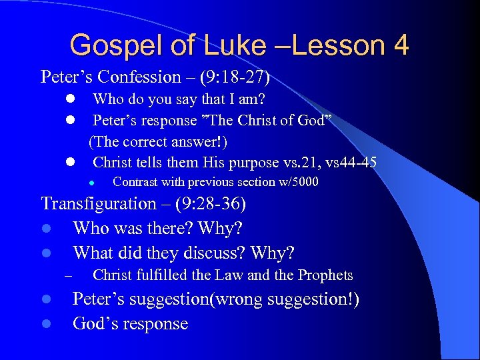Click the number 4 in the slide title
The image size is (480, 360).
[401, 46]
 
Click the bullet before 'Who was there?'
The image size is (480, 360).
[47, 229]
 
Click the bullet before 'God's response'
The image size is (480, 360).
[47, 324]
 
